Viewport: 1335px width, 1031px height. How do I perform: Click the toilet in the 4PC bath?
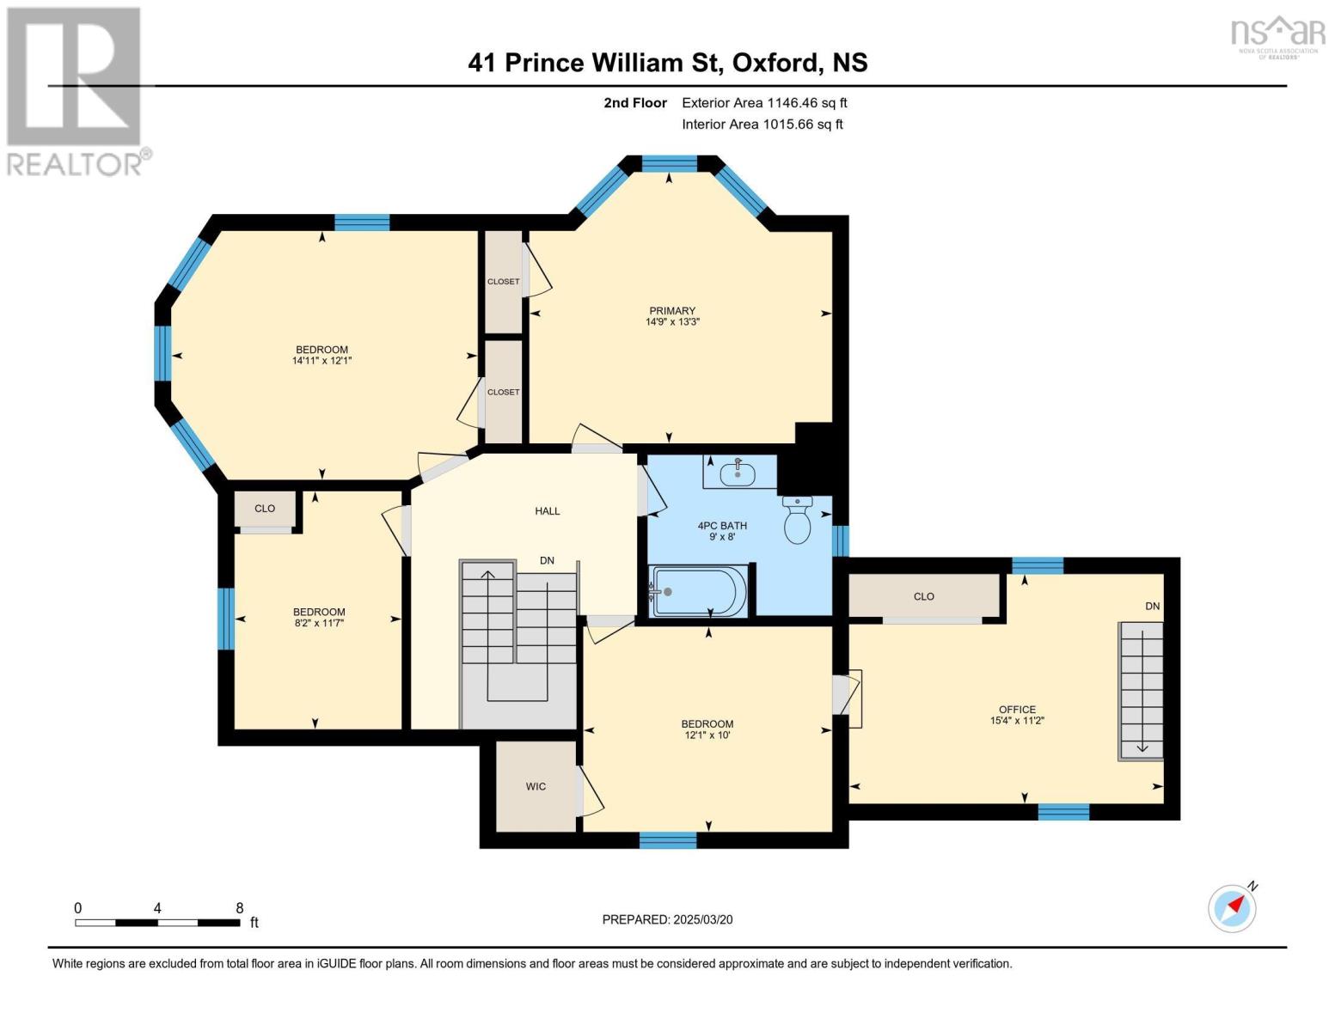(x=798, y=521)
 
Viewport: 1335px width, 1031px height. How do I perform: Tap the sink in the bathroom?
(x=738, y=472)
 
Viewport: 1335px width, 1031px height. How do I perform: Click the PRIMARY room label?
(x=672, y=311)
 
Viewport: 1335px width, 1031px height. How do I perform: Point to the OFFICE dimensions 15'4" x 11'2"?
(x=1017, y=721)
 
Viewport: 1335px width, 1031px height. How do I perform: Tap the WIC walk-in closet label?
(x=536, y=786)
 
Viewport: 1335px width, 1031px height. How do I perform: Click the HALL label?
(x=548, y=510)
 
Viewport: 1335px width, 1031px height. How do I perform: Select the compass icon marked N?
(x=1233, y=908)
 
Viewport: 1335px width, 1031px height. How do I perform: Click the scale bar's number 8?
(x=240, y=907)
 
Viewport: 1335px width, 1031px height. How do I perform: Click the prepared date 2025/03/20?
(x=702, y=919)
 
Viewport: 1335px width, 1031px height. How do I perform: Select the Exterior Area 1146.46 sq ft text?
(x=764, y=102)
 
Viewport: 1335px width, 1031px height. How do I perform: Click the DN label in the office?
(x=1152, y=606)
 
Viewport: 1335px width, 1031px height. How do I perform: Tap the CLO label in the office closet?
(x=924, y=596)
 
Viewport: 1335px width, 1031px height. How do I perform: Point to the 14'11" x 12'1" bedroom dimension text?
(x=322, y=361)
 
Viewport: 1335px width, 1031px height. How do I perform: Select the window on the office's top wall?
(x=1037, y=565)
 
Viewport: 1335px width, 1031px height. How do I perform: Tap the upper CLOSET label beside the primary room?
(x=503, y=282)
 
